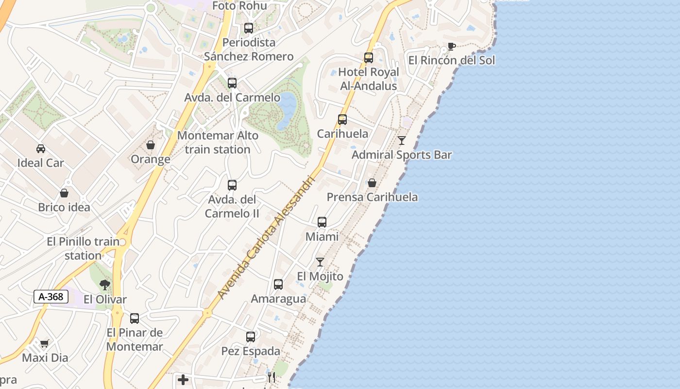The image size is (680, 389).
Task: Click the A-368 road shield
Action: click(x=51, y=297)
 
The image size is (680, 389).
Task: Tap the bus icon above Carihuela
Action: click(x=342, y=120)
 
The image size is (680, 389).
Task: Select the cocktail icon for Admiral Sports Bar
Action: click(x=402, y=141)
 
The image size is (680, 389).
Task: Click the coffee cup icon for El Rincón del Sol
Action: click(x=451, y=47)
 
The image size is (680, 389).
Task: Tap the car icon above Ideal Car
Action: click(x=41, y=148)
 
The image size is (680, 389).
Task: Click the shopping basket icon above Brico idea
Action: click(x=64, y=193)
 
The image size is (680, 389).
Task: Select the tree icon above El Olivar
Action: click(x=104, y=285)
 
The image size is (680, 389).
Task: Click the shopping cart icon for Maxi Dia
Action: click(x=45, y=344)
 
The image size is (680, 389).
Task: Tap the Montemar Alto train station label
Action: click(x=218, y=142)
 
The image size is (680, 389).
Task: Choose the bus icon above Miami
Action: click(x=322, y=222)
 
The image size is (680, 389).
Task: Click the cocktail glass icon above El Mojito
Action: click(x=320, y=262)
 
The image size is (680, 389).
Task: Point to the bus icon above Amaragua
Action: click(x=278, y=284)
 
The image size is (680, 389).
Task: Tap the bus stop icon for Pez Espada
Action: click(x=251, y=337)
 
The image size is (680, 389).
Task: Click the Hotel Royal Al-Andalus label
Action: click(x=369, y=79)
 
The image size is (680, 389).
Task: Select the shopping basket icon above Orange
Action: click(x=151, y=145)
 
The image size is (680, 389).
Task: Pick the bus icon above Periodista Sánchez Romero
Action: click(x=249, y=28)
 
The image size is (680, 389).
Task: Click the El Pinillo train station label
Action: click(x=83, y=248)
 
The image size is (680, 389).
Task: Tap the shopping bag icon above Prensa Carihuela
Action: click(x=372, y=183)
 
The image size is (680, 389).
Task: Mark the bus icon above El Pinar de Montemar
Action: click(x=135, y=318)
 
